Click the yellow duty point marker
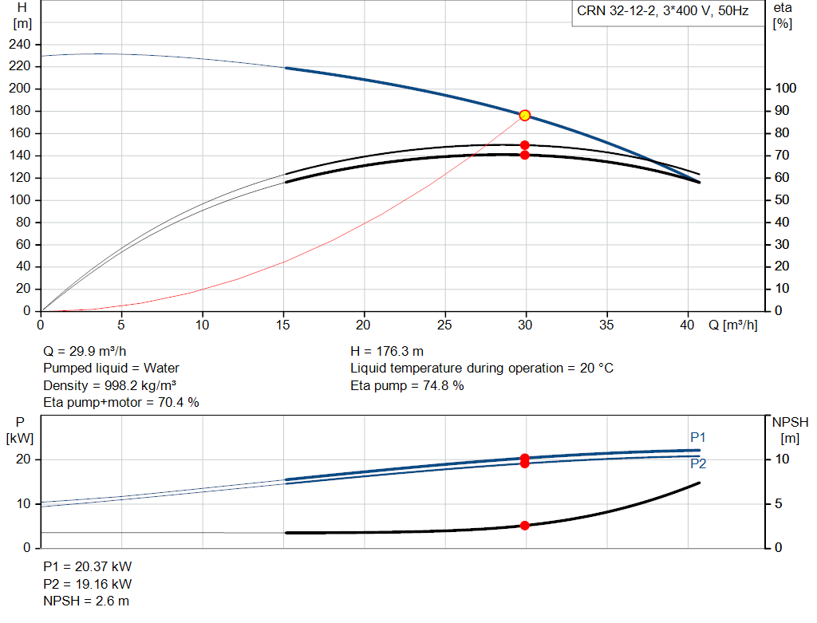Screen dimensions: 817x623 click(525, 115)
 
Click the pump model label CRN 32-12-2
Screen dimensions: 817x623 click(616, 11)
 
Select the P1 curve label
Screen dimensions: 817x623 click(697, 437)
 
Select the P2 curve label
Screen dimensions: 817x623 click(698, 463)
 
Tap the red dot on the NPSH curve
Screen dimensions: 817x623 click(525, 526)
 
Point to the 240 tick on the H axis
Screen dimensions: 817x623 click(20, 45)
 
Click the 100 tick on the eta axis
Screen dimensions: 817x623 click(785, 88)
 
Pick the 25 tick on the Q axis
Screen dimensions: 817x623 click(444, 325)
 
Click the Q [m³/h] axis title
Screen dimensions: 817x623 click(732, 325)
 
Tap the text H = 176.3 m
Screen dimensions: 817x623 click(387, 352)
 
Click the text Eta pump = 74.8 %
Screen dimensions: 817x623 click(407, 385)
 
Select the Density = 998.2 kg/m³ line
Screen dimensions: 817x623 click(109, 385)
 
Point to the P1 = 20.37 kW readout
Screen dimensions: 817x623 click(88, 566)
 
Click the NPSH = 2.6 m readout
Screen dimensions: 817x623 click(86, 601)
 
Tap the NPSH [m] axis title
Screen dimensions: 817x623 click(790, 430)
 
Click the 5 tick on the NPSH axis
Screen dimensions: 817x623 click(779, 503)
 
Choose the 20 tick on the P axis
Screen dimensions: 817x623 click(23, 459)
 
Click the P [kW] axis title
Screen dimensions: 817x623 click(20, 430)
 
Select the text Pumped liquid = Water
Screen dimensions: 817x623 click(111, 369)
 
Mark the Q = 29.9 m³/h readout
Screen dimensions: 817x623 click(85, 352)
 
